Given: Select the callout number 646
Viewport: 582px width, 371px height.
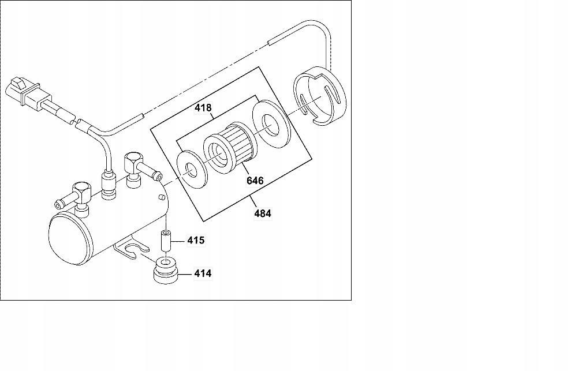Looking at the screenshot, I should (255, 181).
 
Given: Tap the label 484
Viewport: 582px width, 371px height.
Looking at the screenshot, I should (262, 213).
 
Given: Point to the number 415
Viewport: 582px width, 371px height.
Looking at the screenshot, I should (196, 239).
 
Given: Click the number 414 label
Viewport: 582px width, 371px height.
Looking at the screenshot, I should (202, 273).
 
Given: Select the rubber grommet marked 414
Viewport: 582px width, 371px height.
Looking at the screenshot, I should (166, 271).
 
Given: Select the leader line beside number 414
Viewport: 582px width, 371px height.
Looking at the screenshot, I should (186, 273).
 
